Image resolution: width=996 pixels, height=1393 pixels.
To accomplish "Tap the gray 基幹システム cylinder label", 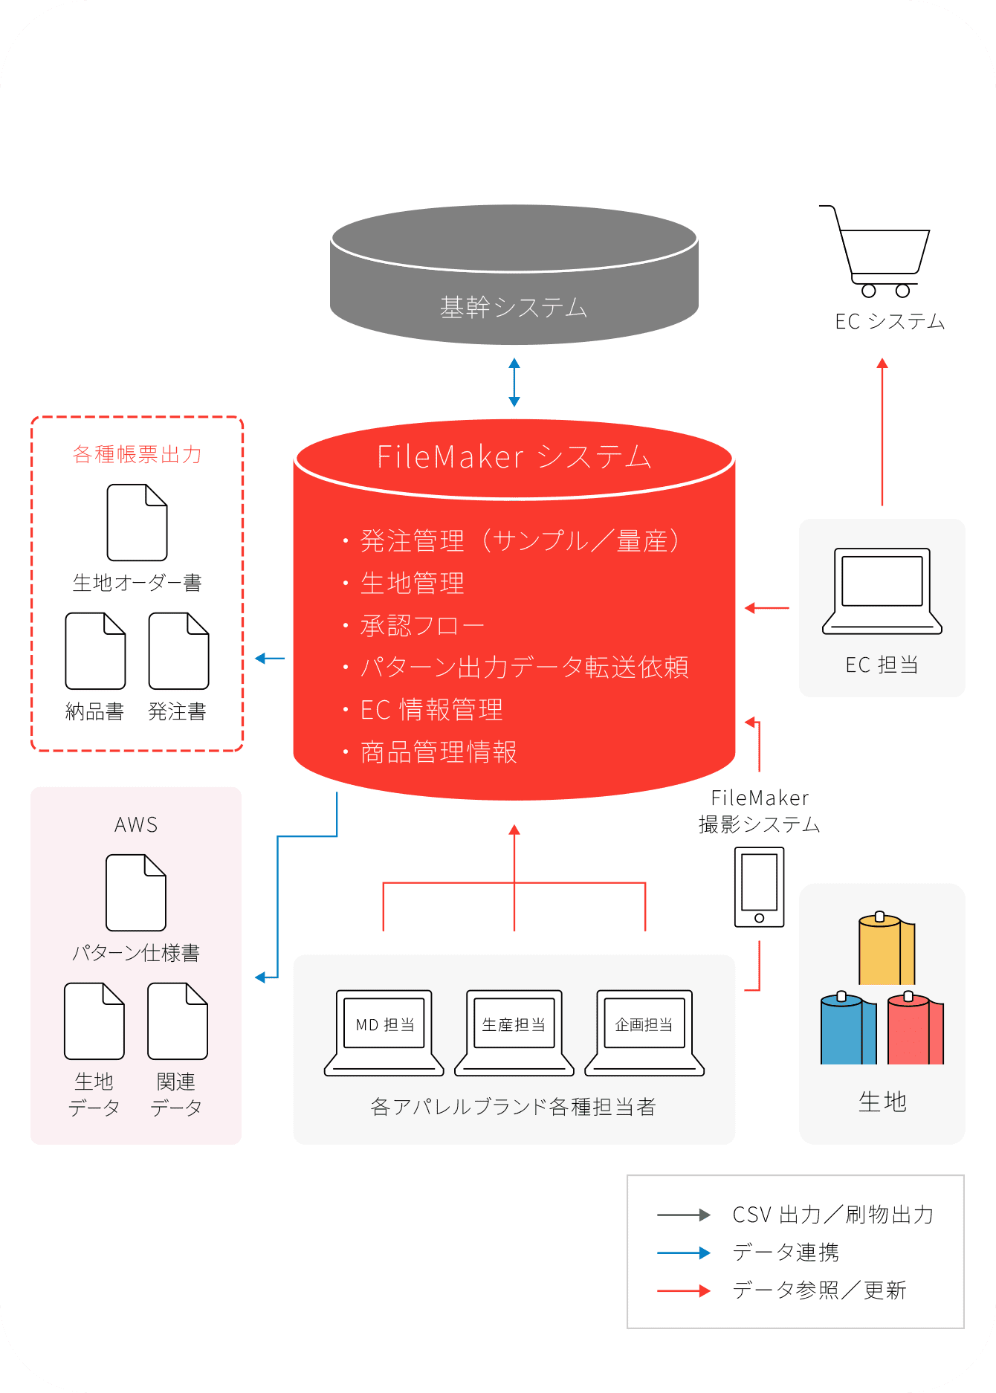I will click(x=514, y=307).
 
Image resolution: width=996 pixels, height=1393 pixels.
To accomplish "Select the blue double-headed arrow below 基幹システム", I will click(x=514, y=382).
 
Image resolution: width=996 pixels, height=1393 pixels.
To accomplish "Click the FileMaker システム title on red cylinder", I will click(x=514, y=456).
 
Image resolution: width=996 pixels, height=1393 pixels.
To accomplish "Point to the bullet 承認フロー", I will click(x=421, y=626).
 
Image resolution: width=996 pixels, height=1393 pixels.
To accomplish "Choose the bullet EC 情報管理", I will click(x=431, y=710).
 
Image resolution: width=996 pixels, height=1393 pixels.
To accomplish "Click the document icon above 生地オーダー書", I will click(x=137, y=523).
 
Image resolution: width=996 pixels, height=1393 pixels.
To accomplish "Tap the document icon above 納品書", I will click(x=95, y=651).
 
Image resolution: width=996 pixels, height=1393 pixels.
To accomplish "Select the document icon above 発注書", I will click(x=178, y=651).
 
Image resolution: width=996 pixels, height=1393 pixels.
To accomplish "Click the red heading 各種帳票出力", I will click(x=137, y=454).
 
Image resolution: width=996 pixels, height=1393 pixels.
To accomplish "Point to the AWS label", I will click(x=136, y=825).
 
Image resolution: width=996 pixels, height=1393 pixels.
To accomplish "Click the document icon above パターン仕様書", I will click(x=136, y=893).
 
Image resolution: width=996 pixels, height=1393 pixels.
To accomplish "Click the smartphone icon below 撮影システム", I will click(x=759, y=887).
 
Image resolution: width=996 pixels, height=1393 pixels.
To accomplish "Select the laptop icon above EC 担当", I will click(x=882, y=591).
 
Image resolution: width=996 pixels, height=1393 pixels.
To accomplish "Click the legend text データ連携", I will click(x=786, y=1253).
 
